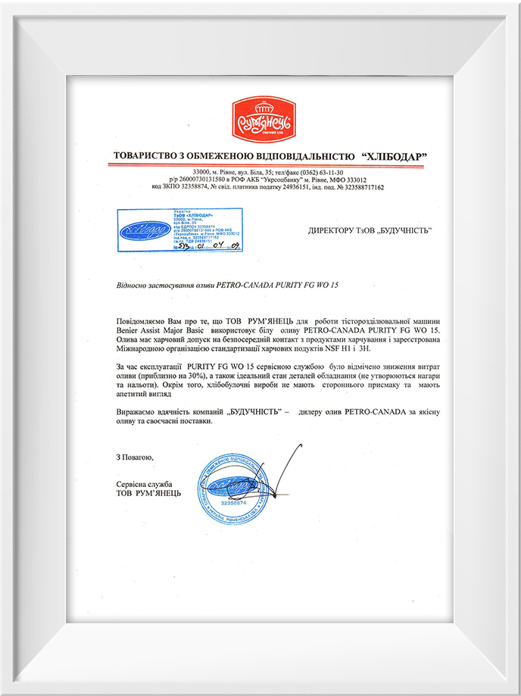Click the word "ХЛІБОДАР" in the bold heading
[x=394, y=156]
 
